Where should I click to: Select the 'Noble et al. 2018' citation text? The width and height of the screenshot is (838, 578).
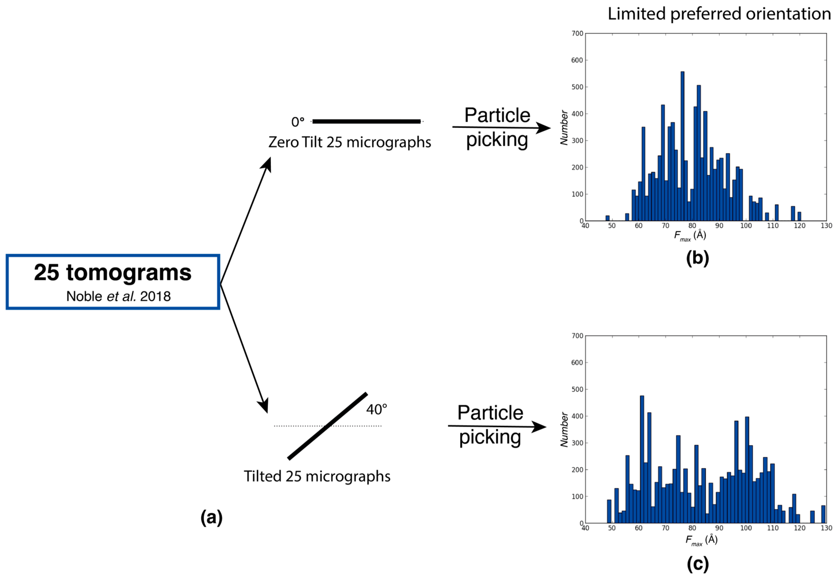118,296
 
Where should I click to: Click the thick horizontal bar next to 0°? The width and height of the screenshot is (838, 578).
366,121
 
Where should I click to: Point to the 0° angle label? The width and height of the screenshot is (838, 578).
298,122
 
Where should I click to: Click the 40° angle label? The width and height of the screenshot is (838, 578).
376,410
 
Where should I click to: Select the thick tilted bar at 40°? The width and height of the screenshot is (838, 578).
328,426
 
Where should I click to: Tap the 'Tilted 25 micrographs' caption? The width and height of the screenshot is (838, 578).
317,476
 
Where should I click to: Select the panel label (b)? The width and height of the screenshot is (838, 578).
697,258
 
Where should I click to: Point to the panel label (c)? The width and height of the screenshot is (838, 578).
697,564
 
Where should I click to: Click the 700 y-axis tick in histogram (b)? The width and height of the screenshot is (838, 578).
577,33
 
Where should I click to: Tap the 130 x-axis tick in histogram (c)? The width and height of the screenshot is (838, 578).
826,528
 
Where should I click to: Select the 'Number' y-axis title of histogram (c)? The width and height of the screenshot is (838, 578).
564,429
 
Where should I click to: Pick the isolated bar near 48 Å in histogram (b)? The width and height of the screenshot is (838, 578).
607,218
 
